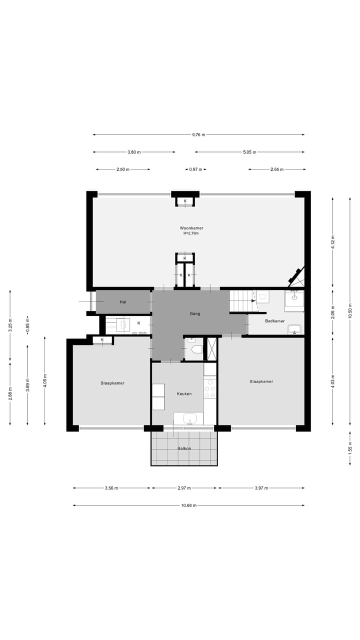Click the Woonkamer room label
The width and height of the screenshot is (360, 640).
(192, 228)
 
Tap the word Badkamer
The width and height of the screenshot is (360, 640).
(275, 321)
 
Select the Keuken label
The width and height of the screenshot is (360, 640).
(184, 393)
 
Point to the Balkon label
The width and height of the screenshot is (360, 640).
(184, 448)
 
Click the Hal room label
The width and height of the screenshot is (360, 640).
(122, 302)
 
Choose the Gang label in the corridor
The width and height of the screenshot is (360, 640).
(195, 313)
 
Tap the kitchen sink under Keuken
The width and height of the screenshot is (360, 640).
(189, 418)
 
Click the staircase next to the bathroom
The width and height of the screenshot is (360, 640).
(242, 301)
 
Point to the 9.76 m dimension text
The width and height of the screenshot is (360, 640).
(198, 134)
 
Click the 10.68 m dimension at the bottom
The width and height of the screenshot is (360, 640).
(188, 505)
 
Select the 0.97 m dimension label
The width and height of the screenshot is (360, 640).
(195, 169)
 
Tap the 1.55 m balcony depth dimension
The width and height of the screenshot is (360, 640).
(350, 448)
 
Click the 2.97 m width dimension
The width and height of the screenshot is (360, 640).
(184, 488)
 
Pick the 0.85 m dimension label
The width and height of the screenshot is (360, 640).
(27, 324)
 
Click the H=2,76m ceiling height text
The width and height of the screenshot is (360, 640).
(191, 233)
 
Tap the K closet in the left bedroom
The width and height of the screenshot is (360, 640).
(102, 340)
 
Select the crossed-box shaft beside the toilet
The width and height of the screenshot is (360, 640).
(211, 349)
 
